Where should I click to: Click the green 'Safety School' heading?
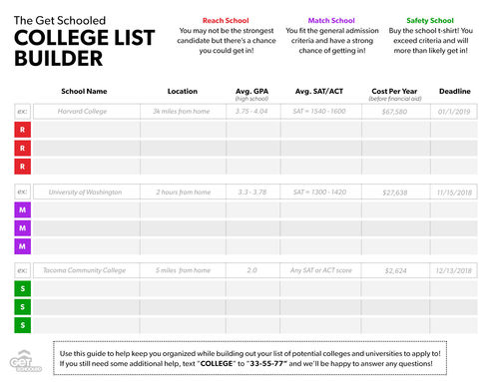click(x=428, y=20)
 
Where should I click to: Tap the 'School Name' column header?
click(x=84, y=91)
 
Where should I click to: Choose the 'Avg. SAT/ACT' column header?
click(x=319, y=91)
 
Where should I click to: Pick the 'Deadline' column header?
click(x=456, y=91)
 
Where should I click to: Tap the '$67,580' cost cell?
click(x=392, y=111)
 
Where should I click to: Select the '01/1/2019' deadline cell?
click(x=456, y=111)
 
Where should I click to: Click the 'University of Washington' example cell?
click(x=84, y=191)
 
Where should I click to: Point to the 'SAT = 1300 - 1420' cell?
click(x=319, y=191)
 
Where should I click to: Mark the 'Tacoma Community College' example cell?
click(x=85, y=270)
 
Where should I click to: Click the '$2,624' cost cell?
click(x=392, y=270)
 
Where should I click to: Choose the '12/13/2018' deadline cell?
click(x=456, y=270)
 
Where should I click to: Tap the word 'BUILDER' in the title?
click(x=59, y=60)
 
